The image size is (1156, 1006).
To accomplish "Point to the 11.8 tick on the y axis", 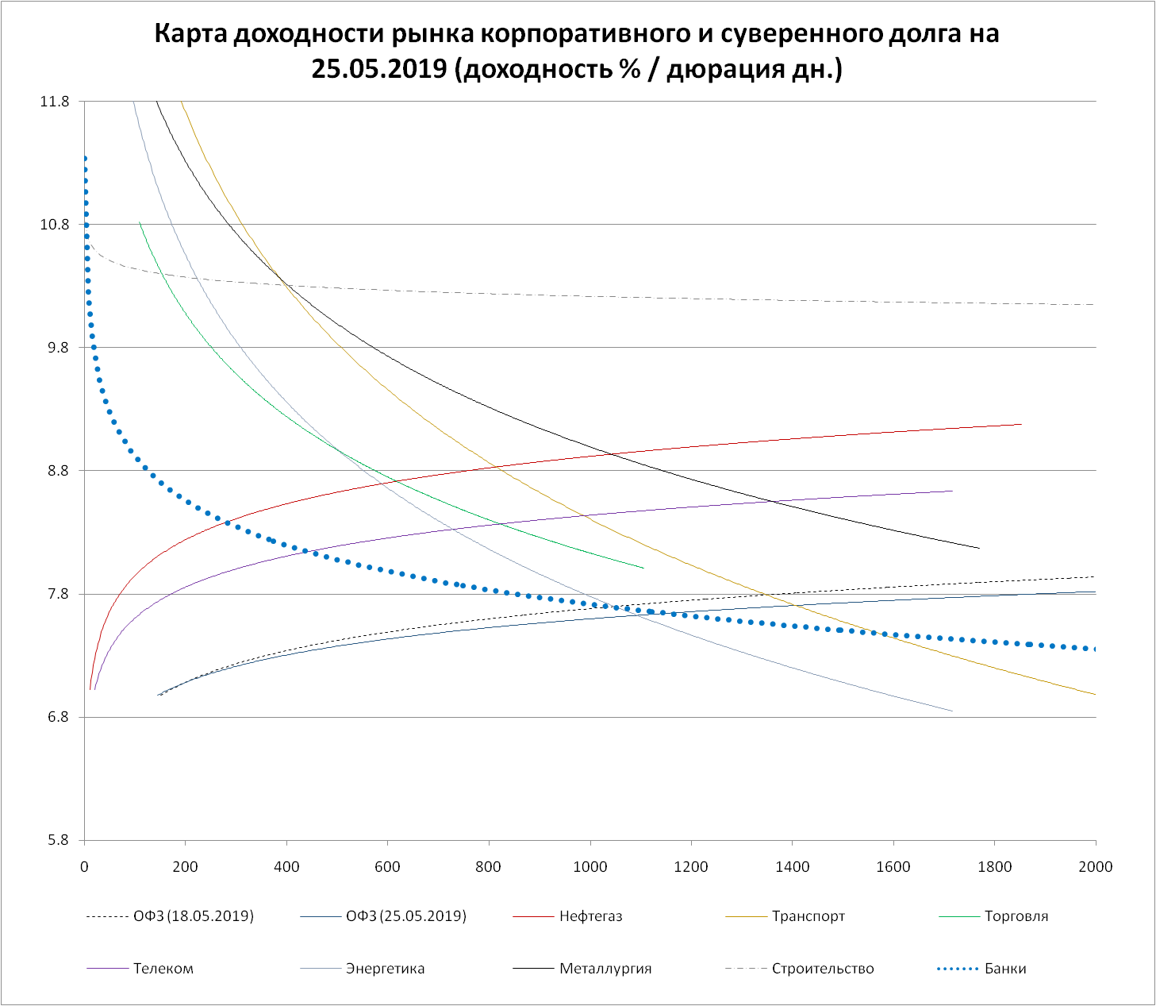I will pyautogui.click(x=55, y=102).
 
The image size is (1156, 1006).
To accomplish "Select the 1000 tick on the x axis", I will pyautogui.click(x=590, y=866).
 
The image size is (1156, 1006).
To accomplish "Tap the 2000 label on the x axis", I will pyautogui.click(x=1096, y=866).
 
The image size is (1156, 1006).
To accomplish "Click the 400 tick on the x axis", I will pyautogui.click(x=286, y=866).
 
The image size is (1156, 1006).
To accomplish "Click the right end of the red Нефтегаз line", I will pyautogui.click(x=1021, y=424).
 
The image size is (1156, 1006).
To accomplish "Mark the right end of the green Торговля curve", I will pyautogui.click(x=643, y=568).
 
